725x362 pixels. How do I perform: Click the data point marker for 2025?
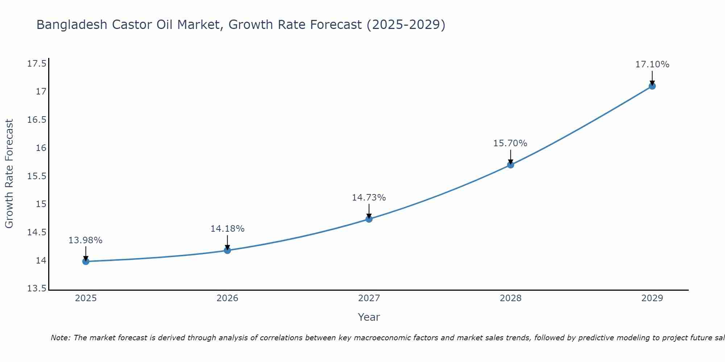tap(86, 261)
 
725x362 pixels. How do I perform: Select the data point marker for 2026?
tap(227, 250)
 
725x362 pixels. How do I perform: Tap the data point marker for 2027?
tap(369, 219)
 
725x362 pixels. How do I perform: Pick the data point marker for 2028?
tap(510, 165)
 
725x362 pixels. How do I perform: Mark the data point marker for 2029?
tap(652, 86)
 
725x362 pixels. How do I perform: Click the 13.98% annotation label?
tap(86, 240)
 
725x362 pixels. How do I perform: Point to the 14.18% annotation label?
tap(227, 229)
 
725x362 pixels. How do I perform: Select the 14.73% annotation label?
tap(369, 198)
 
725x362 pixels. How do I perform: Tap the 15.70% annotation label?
tap(510, 143)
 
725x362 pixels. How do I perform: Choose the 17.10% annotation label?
tap(652, 64)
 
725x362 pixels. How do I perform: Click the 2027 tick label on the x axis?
tap(369, 298)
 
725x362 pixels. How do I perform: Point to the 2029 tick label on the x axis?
tap(652, 298)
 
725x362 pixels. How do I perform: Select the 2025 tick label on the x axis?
tap(86, 298)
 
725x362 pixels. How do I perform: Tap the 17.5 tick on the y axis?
tap(37, 64)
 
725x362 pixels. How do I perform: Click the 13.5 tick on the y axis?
tap(37, 289)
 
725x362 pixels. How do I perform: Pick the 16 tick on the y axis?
tap(41, 148)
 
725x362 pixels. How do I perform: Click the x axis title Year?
tap(369, 317)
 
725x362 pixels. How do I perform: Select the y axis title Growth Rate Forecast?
tap(9, 173)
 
